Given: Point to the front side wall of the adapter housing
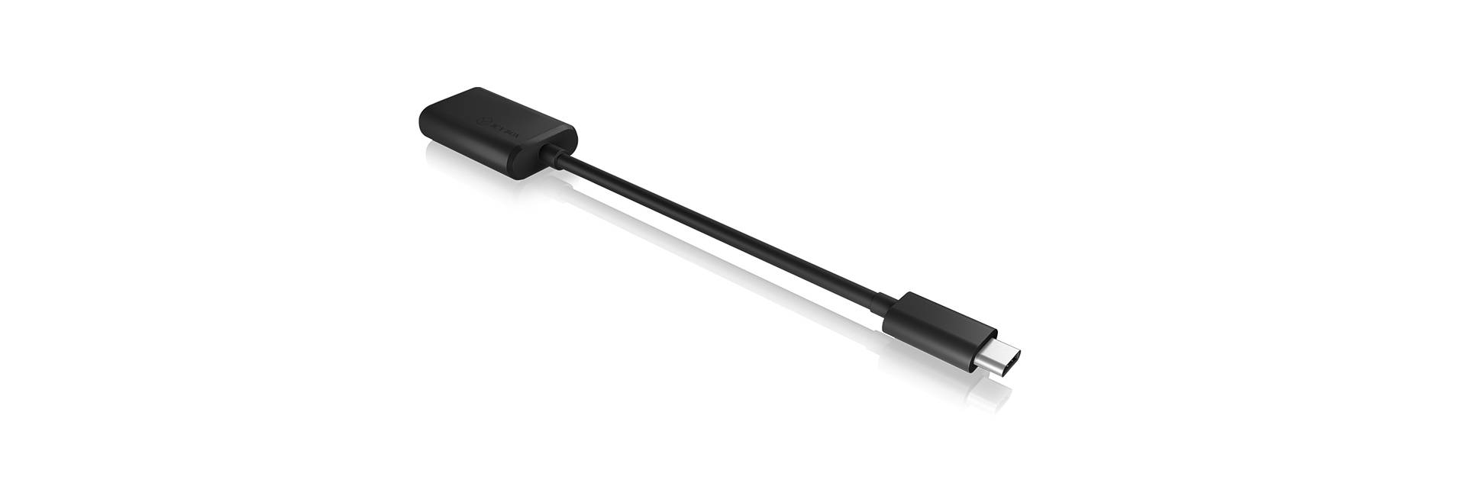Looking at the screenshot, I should point(473,157).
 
